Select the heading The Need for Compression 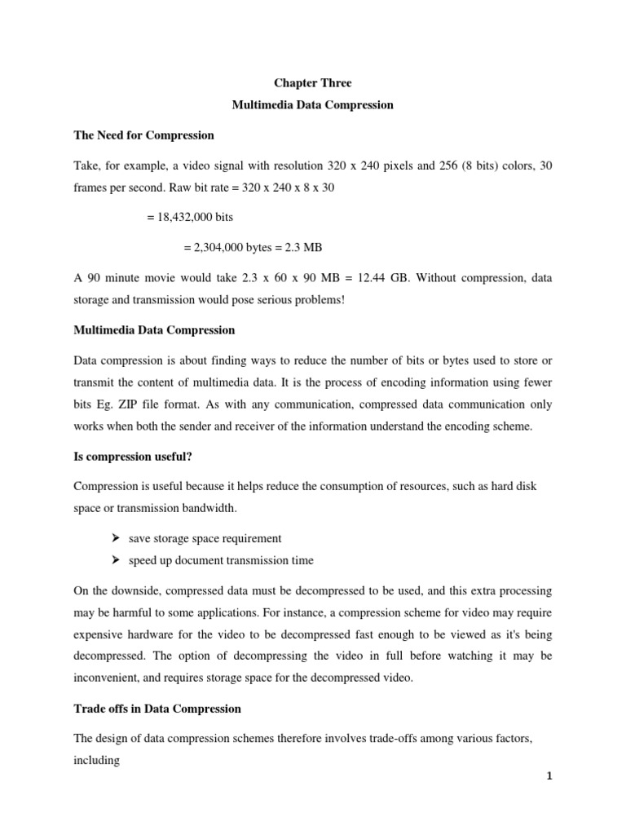tap(143, 135)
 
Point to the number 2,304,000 tap(222, 248)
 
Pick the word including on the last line tap(97, 761)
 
